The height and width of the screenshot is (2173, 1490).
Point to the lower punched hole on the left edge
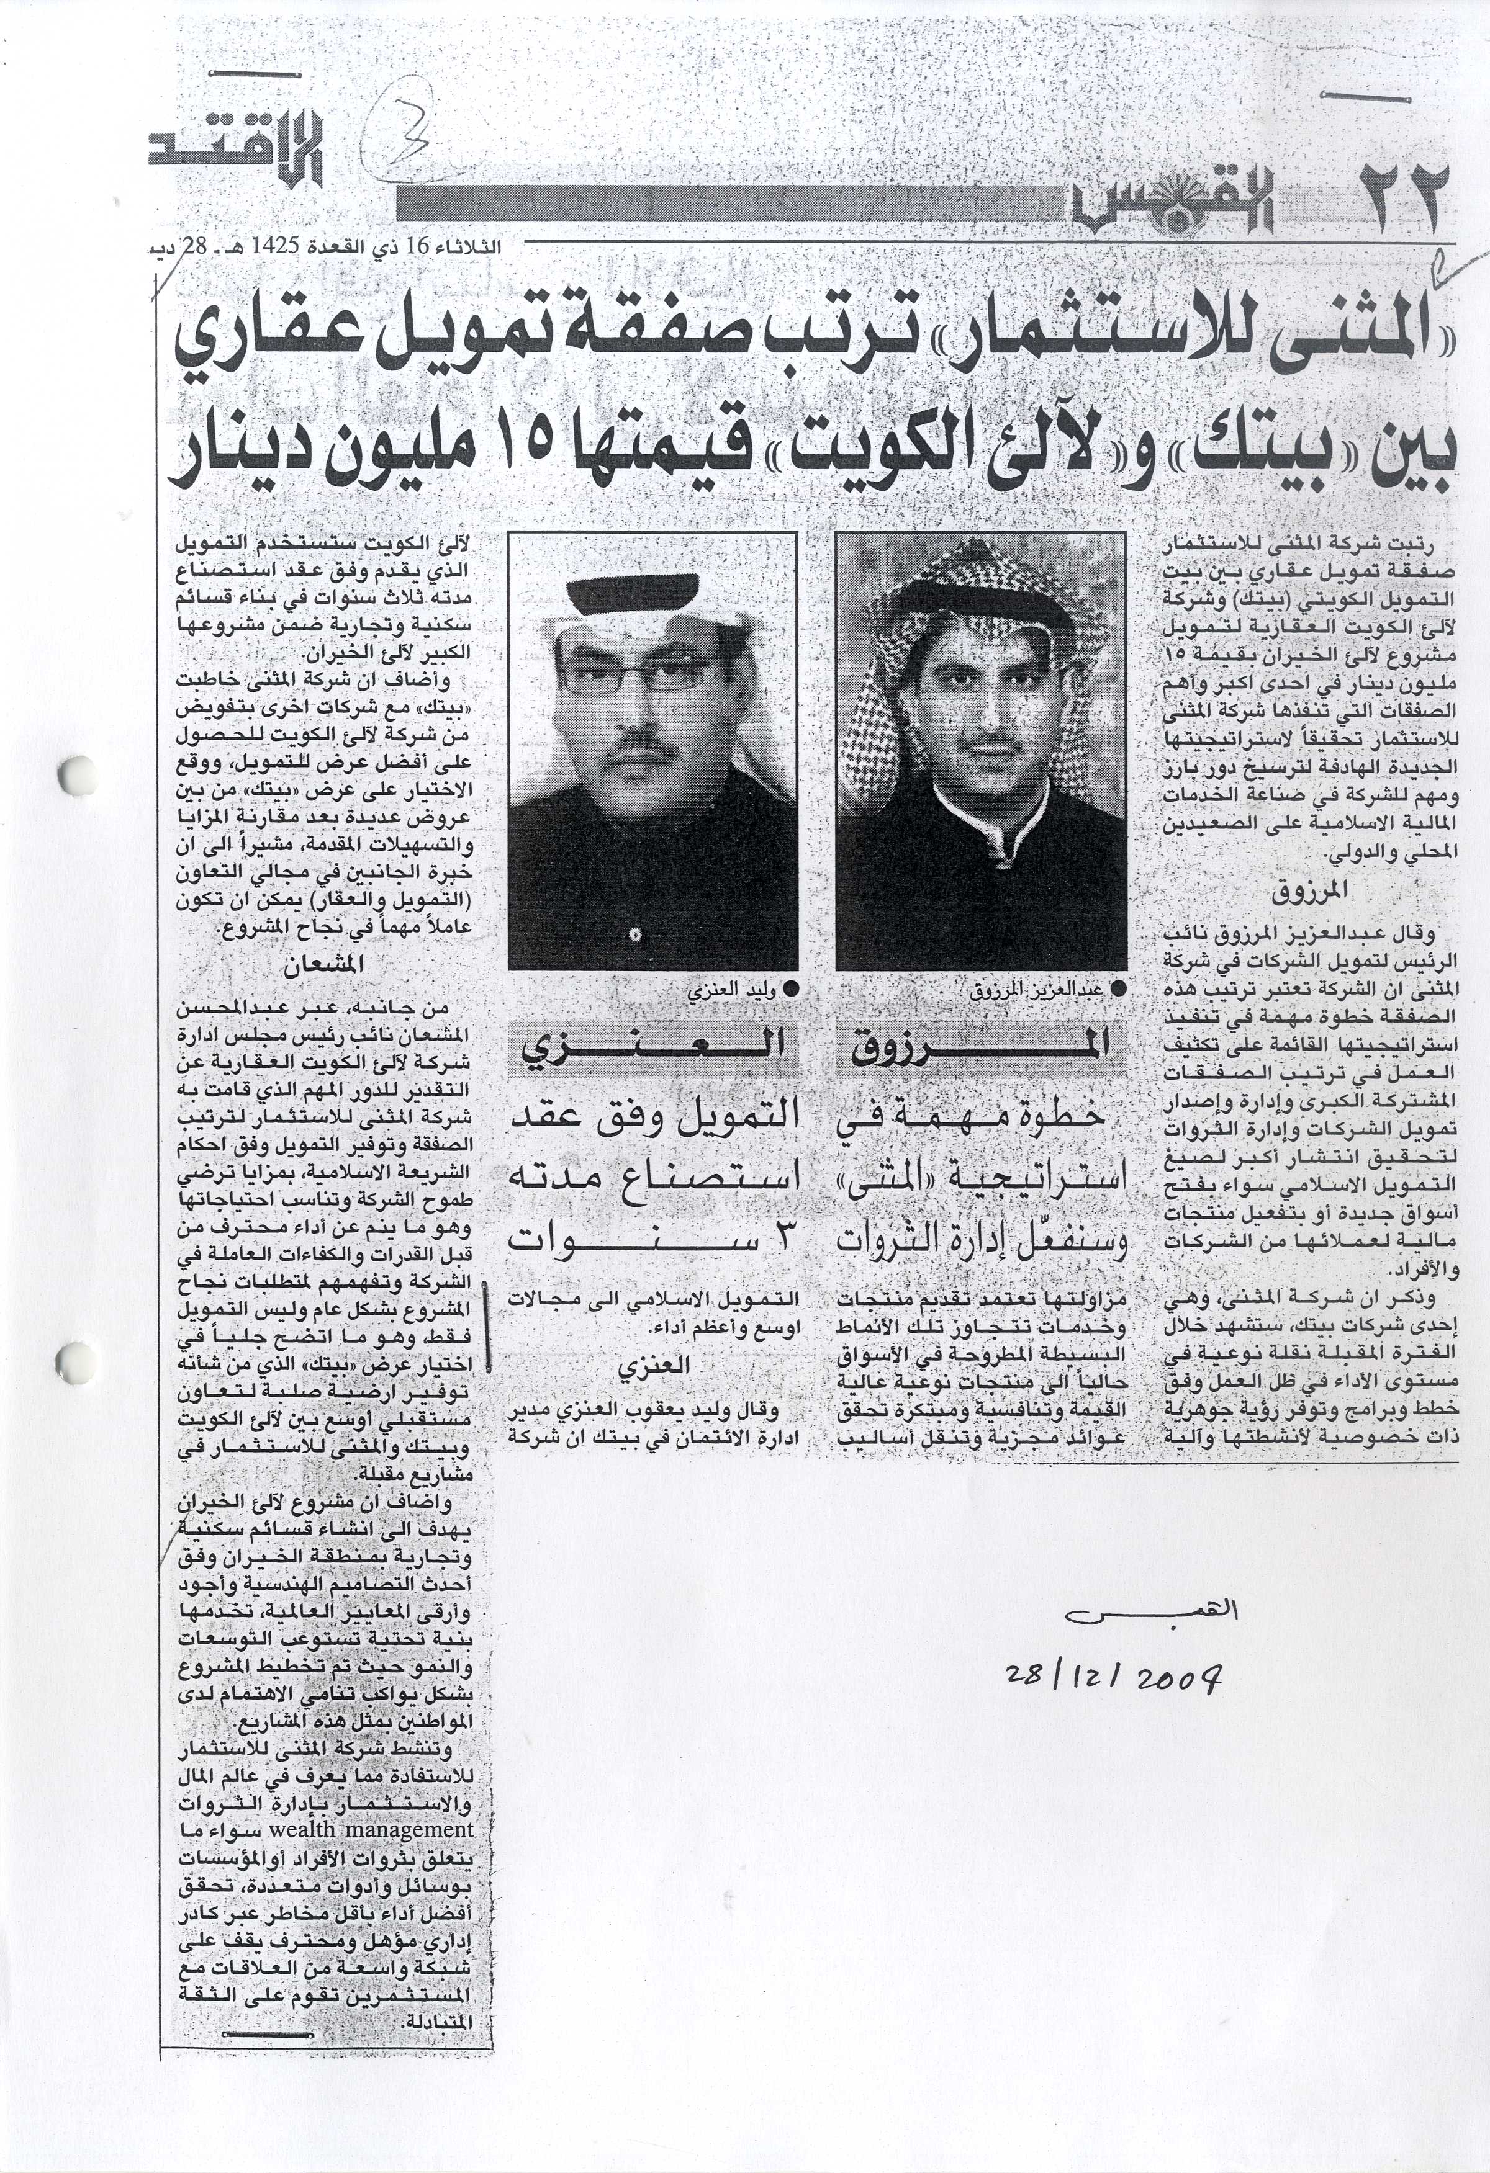(x=73, y=1361)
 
